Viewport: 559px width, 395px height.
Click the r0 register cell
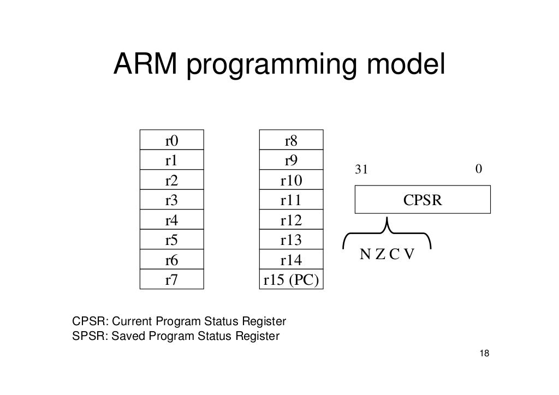(172, 141)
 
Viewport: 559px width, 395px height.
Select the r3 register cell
(172, 201)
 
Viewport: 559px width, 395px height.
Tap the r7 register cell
(172, 280)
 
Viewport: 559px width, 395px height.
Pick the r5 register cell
(172, 241)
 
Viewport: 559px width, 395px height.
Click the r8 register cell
(291, 141)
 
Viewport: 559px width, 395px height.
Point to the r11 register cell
(291, 201)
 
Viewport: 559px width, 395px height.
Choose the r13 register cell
(291, 241)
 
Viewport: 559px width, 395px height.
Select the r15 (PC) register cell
(291, 280)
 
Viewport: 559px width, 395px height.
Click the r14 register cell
(291, 261)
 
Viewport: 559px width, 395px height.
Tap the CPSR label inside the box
(423, 200)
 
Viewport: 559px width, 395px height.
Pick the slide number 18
(483, 354)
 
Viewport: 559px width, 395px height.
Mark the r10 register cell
(291, 181)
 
